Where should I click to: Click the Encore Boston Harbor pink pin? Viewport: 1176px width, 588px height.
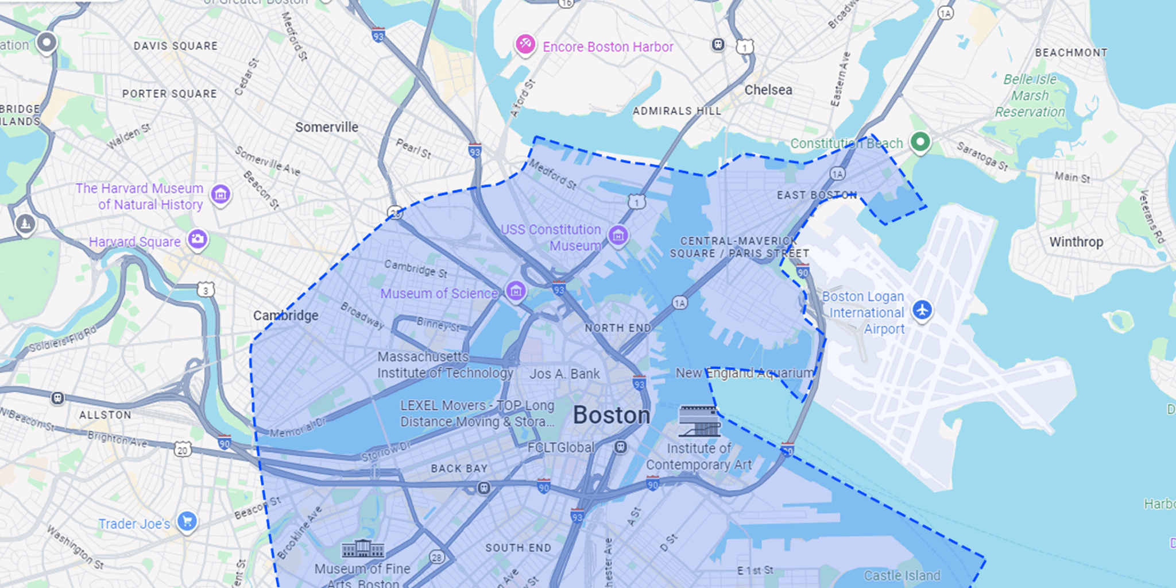[525, 44]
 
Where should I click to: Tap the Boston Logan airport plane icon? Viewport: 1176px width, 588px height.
[922, 310]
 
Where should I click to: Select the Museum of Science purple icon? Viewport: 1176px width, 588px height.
[516, 291]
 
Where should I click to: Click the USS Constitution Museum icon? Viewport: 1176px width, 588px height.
[618, 235]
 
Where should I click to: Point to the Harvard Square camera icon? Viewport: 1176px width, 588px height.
[198, 239]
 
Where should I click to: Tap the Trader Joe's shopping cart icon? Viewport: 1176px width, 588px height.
[187, 521]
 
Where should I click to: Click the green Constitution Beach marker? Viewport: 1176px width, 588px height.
[920, 141]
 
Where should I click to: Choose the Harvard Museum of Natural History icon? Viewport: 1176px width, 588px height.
[220, 194]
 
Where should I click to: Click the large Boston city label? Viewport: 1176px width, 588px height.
[612, 415]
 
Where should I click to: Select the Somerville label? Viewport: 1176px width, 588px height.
[327, 127]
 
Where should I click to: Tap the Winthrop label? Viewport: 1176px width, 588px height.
[1076, 242]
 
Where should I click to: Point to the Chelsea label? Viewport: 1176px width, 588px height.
[768, 90]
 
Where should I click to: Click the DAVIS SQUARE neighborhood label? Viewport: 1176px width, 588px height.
[176, 46]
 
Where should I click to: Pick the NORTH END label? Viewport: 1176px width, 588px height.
[618, 328]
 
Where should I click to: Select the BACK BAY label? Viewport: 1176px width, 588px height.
[459, 468]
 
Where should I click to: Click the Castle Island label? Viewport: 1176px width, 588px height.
[902, 575]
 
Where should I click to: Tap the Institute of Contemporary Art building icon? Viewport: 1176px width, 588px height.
[699, 421]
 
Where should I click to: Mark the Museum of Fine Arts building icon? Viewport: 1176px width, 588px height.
[363, 549]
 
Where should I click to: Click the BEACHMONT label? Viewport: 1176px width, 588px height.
[1071, 53]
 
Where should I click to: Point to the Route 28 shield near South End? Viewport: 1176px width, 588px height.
[437, 557]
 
